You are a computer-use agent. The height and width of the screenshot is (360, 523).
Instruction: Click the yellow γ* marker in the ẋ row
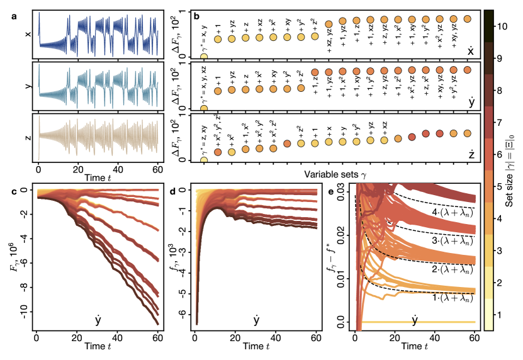click(203, 57)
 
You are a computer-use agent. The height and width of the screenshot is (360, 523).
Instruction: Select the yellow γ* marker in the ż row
click(203, 160)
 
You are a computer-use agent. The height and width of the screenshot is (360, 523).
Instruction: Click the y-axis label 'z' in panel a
click(26, 136)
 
